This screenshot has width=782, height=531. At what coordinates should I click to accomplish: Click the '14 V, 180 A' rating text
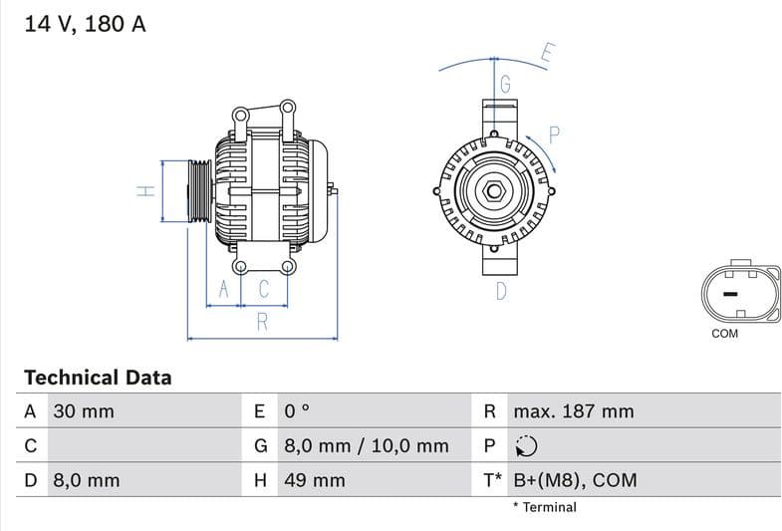coord(85,24)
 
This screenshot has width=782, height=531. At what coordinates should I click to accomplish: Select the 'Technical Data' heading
coord(98,378)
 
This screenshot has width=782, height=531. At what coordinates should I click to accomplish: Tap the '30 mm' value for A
coord(84,411)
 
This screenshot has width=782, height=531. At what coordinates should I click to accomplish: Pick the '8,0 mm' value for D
coord(86,480)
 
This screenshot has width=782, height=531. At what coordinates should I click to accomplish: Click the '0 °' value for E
coord(297,411)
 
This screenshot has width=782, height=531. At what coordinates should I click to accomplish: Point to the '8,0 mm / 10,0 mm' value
coord(366,446)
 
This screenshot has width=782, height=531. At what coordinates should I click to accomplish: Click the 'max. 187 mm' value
coord(573,411)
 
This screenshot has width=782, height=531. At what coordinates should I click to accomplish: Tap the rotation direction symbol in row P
coord(526,446)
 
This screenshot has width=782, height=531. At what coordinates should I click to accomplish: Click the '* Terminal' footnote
coord(544,507)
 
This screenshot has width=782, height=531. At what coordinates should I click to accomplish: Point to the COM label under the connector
coord(724,334)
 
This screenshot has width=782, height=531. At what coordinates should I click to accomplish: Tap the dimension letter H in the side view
coord(146,190)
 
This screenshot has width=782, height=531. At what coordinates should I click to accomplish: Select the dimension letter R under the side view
coord(262,321)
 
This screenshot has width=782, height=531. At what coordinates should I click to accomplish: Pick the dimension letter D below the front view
coord(501,291)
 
